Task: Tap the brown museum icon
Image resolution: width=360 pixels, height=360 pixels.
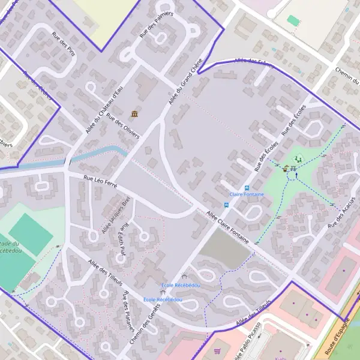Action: [133, 114]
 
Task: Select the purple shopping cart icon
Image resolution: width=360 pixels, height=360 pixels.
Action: [217, 350]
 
